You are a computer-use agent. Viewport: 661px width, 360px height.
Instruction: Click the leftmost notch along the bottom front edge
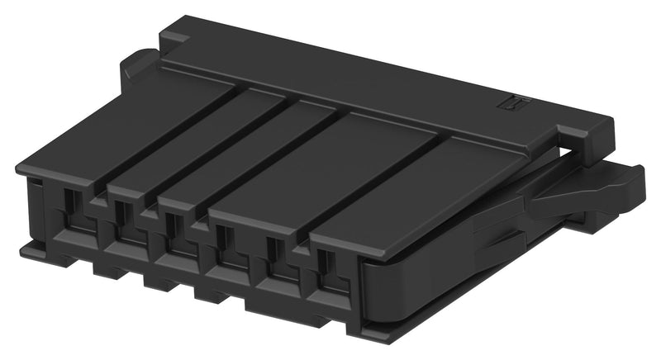pos(104,268)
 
